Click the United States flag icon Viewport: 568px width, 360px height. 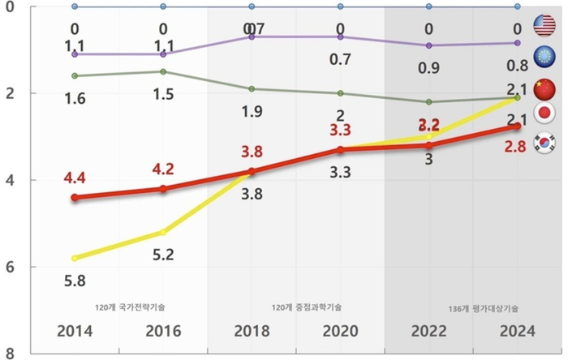pyautogui.click(x=543, y=24)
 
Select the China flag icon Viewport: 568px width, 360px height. pyautogui.click(x=543, y=84)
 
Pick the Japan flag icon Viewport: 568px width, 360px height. pyautogui.click(x=543, y=113)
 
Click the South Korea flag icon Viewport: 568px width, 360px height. pyautogui.click(x=543, y=143)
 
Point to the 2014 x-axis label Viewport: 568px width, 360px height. pyautogui.click(x=75, y=332)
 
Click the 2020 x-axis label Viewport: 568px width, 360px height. pyautogui.click(x=340, y=332)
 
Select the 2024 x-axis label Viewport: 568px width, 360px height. pyautogui.click(x=517, y=332)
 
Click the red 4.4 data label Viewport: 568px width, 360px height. pyautogui.click(x=75, y=176)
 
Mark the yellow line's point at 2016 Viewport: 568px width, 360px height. pyautogui.click(x=163, y=232)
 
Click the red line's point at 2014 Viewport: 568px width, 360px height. pyautogui.click(x=75, y=197)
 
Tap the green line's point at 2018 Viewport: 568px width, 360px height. pyautogui.click(x=252, y=89)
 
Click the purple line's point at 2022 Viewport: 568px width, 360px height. pyautogui.click(x=429, y=45)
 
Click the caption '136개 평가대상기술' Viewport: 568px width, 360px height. pyautogui.click(x=484, y=308)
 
